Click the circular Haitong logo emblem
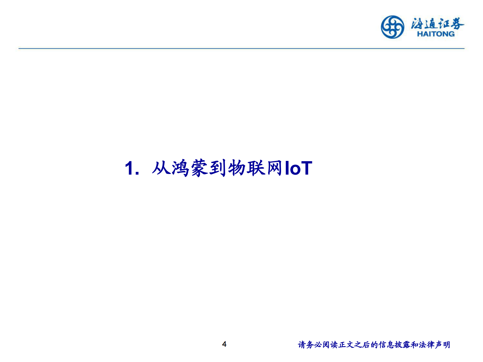(393, 27)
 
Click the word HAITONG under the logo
(436, 34)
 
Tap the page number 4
(224, 344)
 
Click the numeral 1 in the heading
(130, 168)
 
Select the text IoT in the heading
(299, 168)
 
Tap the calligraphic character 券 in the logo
(457, 23)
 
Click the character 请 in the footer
(302, 345)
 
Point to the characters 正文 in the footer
(346, 345)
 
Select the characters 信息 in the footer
(387, 345)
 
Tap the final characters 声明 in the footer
(443, 345)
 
